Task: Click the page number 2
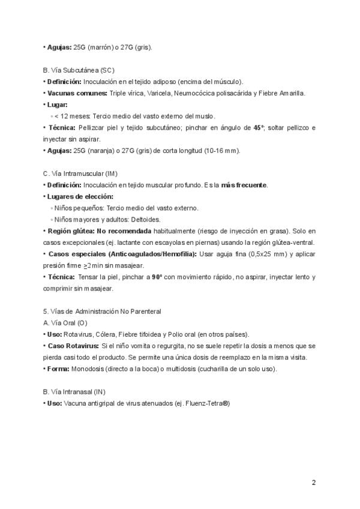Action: click(314, 482)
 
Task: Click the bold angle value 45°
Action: click(259, 128)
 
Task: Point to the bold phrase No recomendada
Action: click(124, 231)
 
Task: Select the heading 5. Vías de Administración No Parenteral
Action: click(102, 312)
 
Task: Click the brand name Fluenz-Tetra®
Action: click(207, 403)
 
